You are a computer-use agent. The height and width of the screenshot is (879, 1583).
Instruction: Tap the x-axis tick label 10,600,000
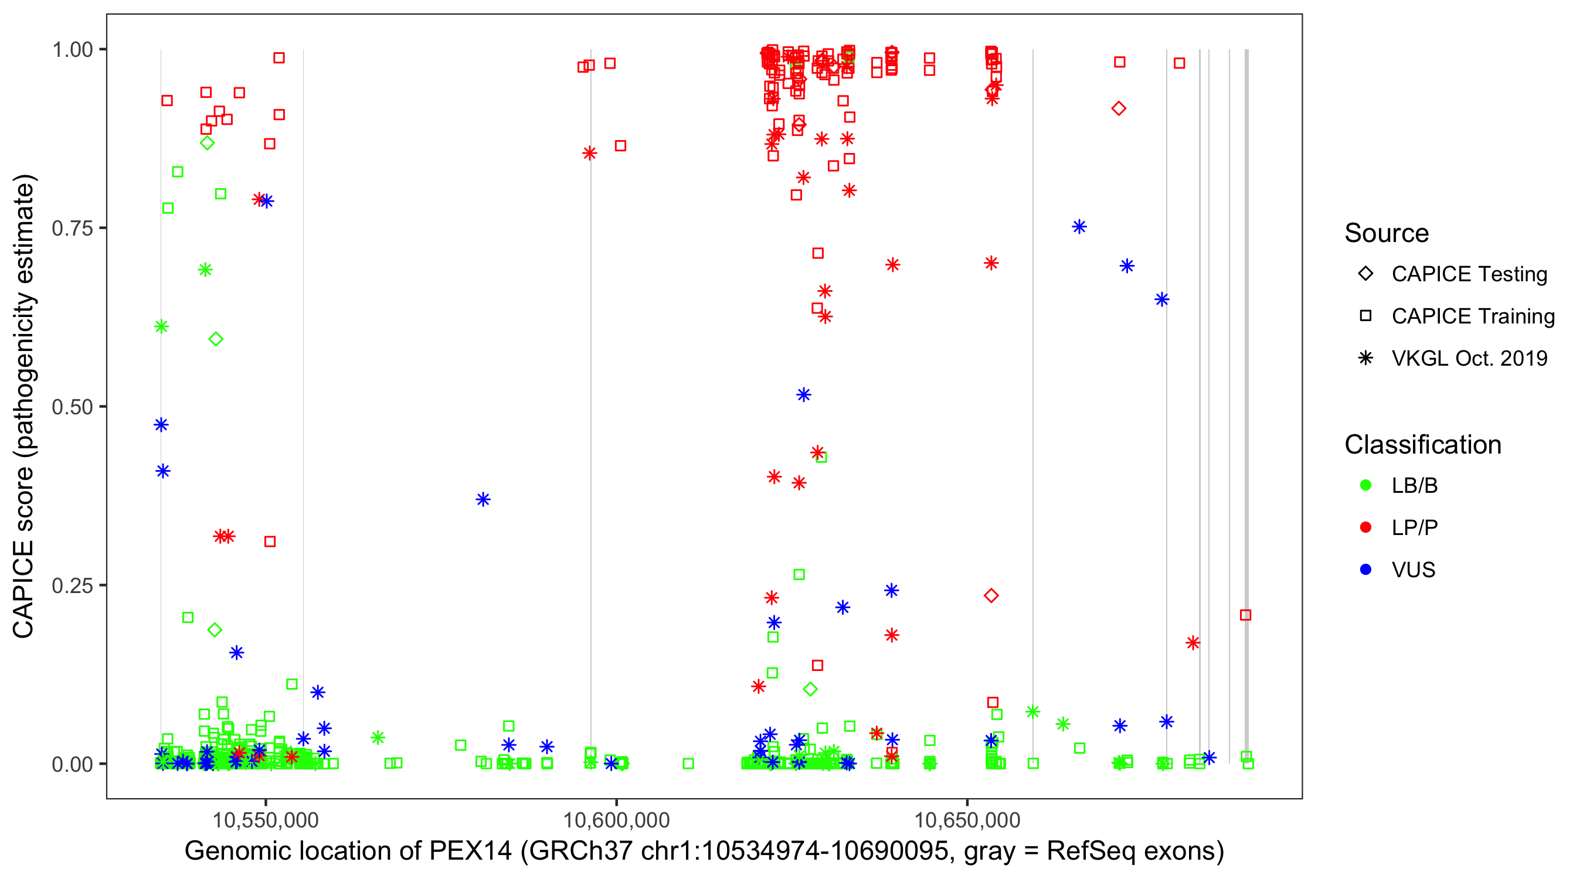coord(616,820)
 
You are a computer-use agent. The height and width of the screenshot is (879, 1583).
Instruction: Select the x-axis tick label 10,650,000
coord(967,820)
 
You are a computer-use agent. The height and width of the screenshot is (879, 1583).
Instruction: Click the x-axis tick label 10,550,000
coord(266,820)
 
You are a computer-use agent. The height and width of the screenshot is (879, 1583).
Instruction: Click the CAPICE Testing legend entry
coord(1469,274)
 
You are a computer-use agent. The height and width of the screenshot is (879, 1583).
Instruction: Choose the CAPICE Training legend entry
coord(1472,316)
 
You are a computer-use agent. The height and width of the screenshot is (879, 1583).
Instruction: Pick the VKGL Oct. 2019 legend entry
coord(1469,359)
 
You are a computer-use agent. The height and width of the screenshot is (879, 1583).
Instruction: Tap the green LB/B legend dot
coord(1365,486)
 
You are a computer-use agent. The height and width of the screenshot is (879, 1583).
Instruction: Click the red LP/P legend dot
coord(1365,527)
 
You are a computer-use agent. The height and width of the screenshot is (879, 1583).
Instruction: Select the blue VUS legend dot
coord(1365,570)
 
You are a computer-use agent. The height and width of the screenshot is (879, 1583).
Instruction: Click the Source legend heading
coord(1387,233)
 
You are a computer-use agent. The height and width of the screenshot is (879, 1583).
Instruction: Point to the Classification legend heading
coord(1422,445)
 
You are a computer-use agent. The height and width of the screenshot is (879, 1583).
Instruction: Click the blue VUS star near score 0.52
coord(803,395)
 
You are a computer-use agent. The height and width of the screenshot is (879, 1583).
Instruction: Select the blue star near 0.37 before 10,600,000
coord(483,499)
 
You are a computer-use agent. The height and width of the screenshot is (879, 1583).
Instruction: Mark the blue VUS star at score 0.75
coord(1079,227)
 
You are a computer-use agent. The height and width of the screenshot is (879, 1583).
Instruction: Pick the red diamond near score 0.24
coord(991,596)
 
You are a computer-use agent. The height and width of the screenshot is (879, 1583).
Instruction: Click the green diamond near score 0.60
coord(216,339)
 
